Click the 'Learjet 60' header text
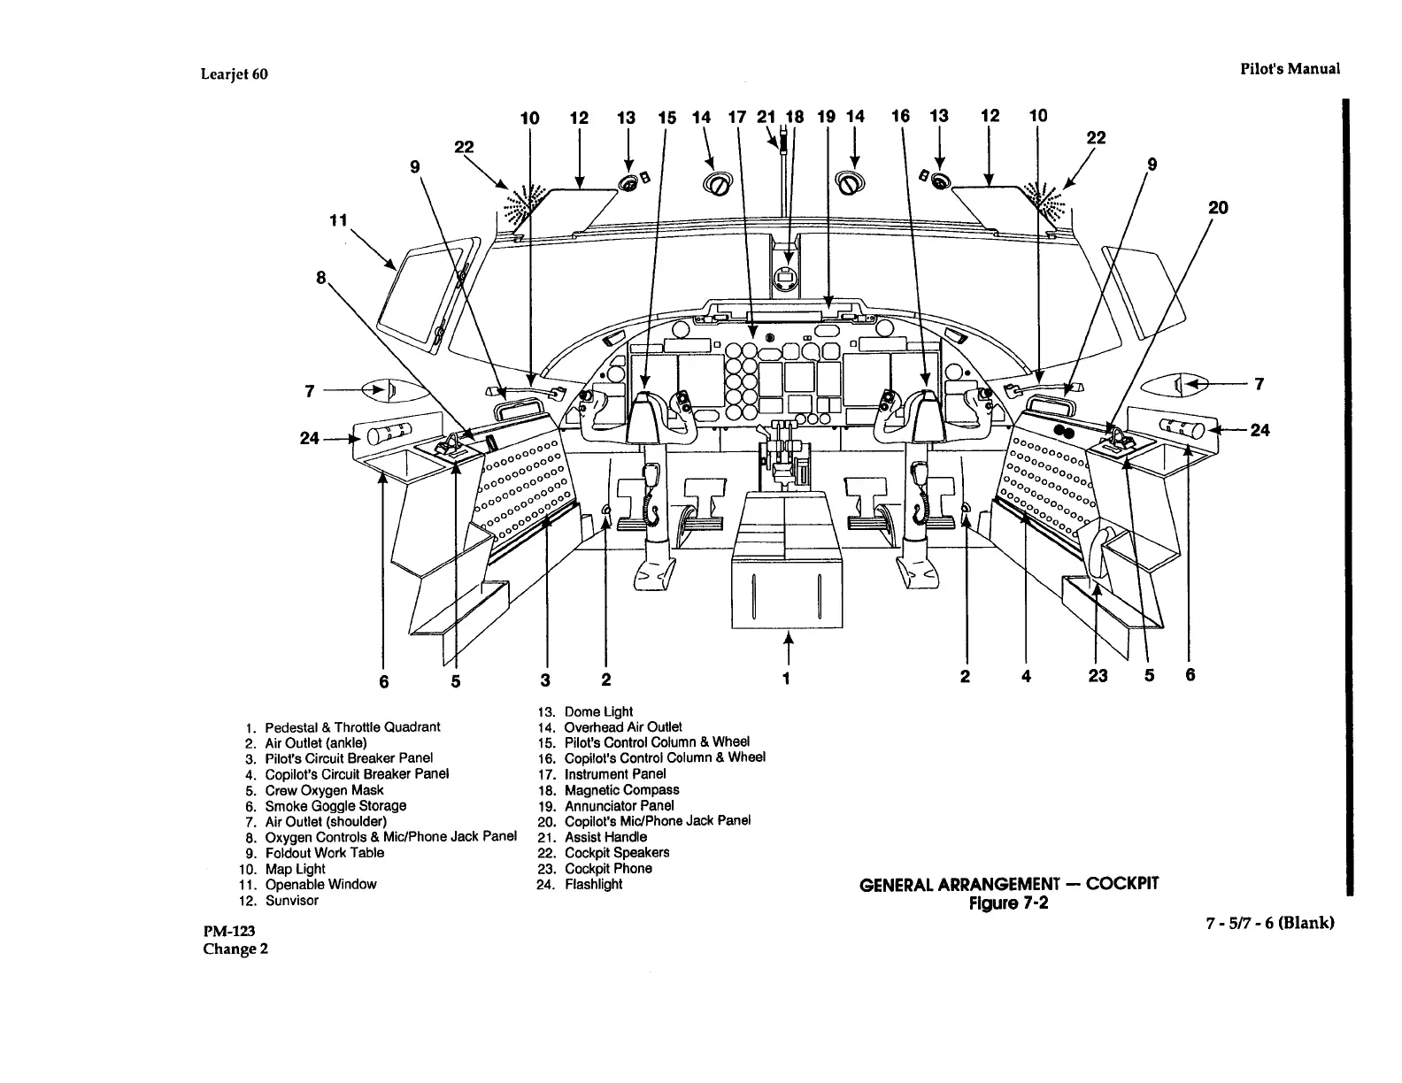235,74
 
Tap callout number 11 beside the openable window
337,219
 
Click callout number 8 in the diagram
321,278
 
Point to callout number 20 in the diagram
1218,208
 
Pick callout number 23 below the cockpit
1098,676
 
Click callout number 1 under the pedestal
786,678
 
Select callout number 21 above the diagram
766,116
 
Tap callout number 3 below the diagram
545,680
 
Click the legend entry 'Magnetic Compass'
621,790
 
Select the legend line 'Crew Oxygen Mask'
324,790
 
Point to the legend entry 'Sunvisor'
291,901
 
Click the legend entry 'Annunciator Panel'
619,806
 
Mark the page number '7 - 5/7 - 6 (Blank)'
1268,923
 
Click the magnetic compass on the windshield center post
784,278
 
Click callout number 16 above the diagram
901,116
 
